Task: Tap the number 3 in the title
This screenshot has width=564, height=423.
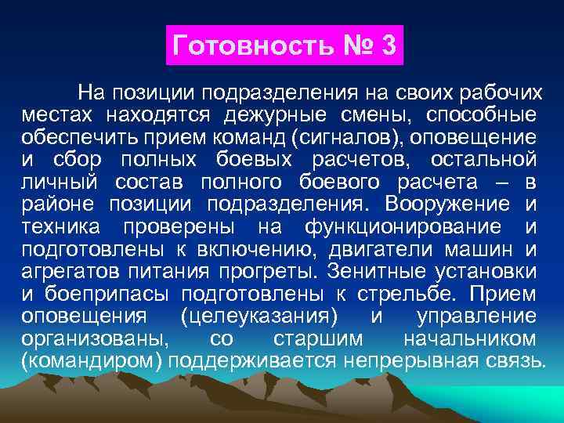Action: (x=389, y=45)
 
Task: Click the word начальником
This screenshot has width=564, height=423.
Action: (x=469, y=339)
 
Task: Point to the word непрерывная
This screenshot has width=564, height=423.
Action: (x=416, y=361)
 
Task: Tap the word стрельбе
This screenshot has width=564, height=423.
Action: (x=401, y=295)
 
